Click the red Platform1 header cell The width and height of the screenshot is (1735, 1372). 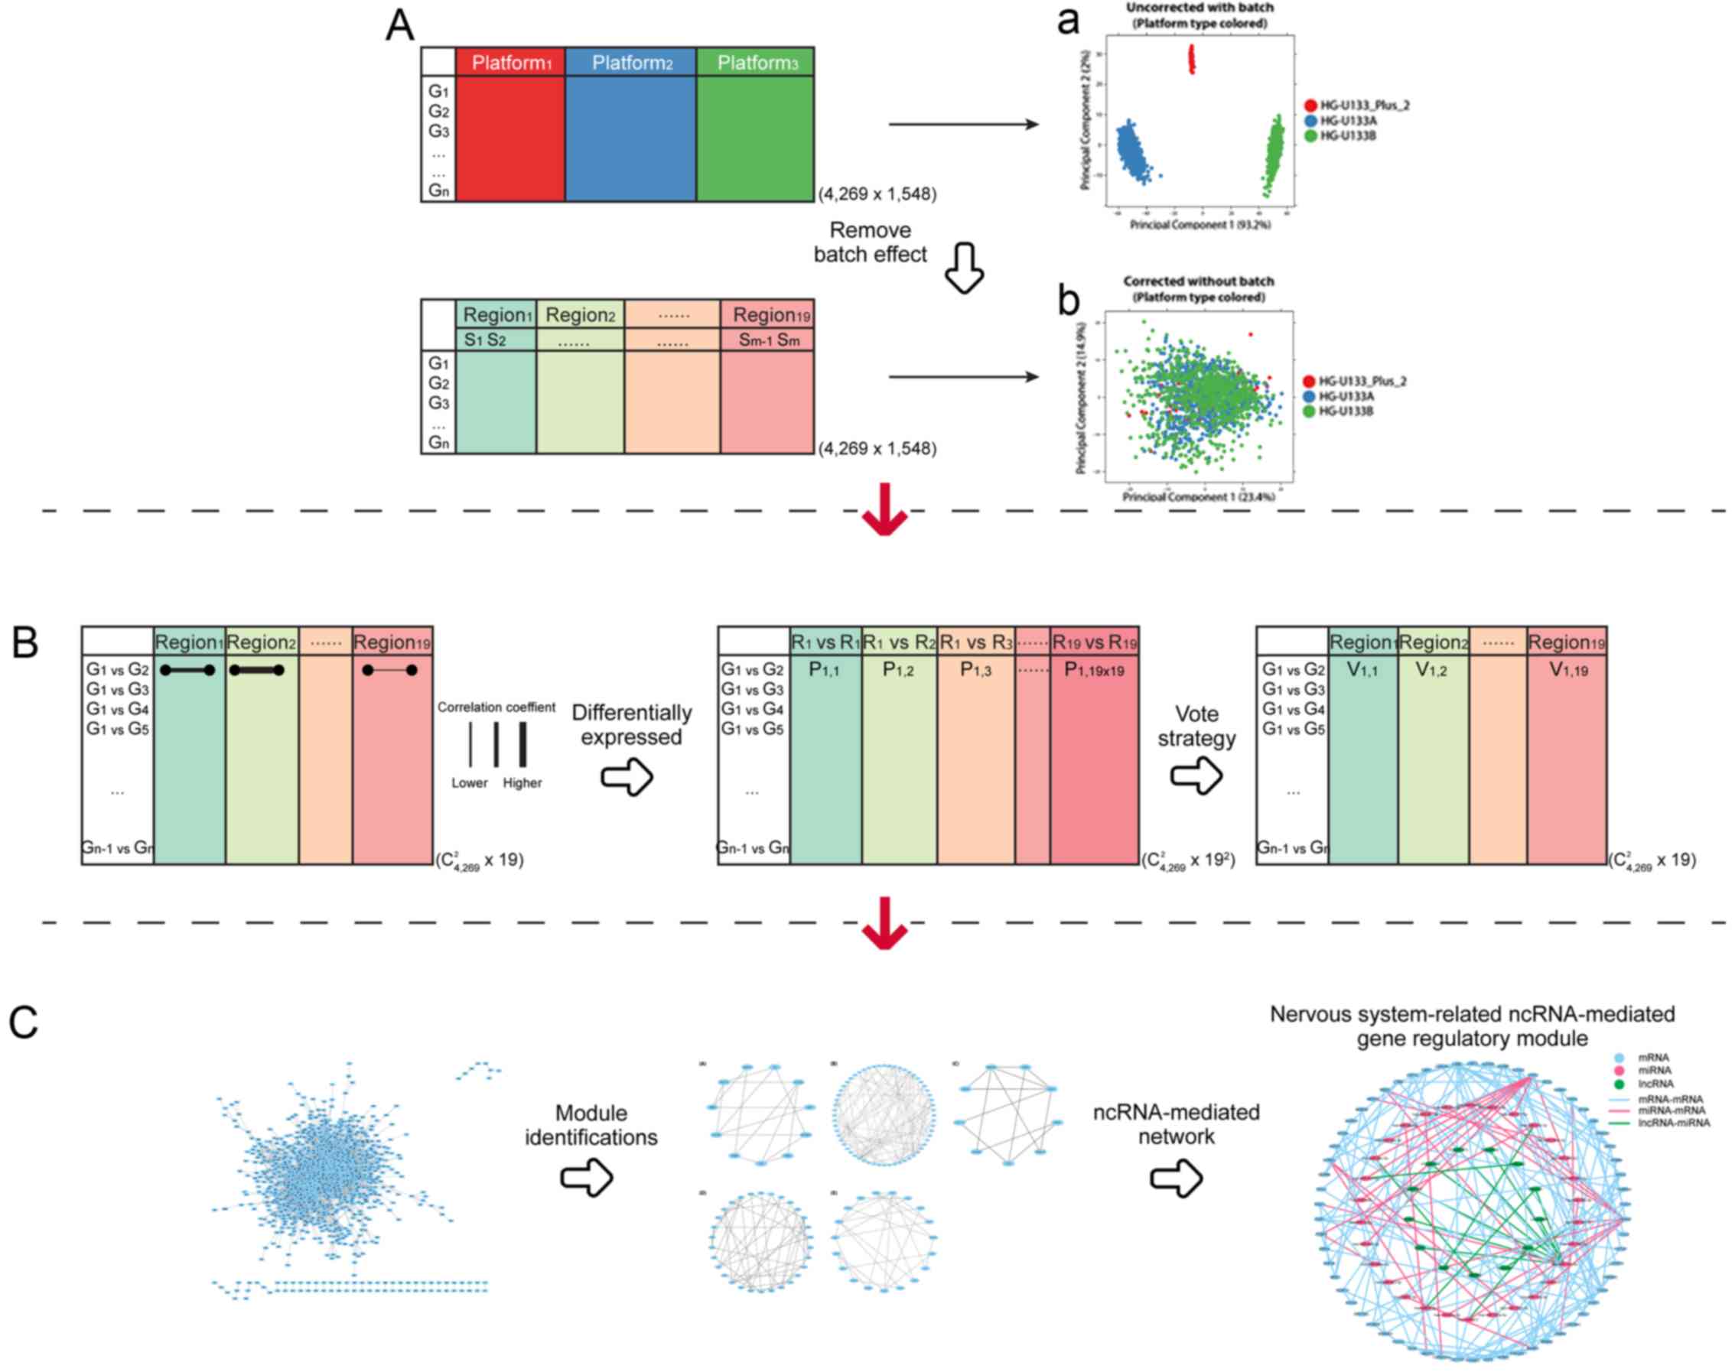coord(510,63)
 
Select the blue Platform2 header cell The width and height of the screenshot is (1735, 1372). coord(631,63)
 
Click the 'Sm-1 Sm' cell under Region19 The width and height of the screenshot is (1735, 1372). coord(768,340)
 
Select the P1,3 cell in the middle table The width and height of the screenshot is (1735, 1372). coord(975,670)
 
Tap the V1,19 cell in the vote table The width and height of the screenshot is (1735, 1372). coord(1567,670)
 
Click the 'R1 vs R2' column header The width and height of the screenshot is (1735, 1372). coord(899,642)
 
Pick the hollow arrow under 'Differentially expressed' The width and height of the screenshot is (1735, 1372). coord(627,777)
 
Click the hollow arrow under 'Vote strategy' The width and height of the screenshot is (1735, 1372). coord(1196,777)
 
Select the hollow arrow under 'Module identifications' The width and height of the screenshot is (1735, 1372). coord(587,1178)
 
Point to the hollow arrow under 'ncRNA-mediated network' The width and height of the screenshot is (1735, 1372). coord(1177,1178)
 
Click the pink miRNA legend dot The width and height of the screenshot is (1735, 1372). coord(1619,1071)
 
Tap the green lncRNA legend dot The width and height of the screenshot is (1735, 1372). coord(1619,1084)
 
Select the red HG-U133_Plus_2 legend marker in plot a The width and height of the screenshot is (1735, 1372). coord(1310,106)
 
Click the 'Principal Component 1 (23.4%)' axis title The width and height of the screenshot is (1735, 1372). coord(1198,497)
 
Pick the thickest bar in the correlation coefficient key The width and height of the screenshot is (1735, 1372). coord(523,744)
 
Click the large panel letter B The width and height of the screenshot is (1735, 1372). coord(25,644)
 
